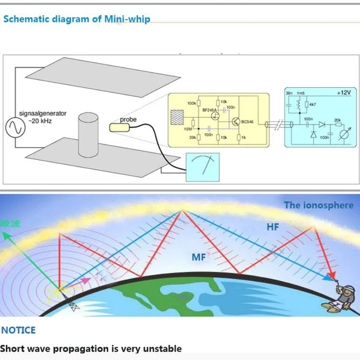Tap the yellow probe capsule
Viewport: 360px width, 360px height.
click(119, 127)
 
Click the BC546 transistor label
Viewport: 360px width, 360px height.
click(247, 121)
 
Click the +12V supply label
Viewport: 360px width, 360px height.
click(343, 93)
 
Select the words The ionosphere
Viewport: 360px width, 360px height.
click(318, 205)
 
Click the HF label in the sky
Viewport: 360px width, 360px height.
click(273, 227)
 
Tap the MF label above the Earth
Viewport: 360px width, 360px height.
click(198, 257)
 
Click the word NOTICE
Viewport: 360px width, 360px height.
click(18, 330)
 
